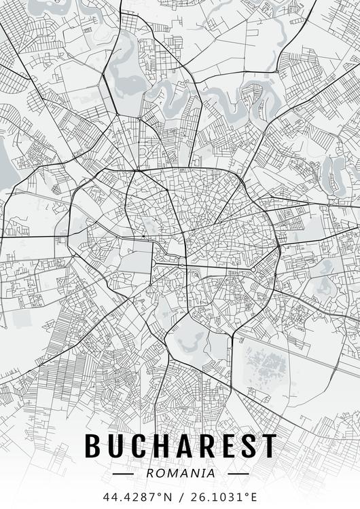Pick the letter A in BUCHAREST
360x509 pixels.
coord(183,446)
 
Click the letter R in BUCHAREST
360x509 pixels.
coord(205,446)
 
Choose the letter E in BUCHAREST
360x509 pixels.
coord(227,446)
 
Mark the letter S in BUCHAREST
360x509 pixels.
coord(247,446)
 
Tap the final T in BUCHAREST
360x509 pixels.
coord(269,446)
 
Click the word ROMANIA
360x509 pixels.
coord(180,473)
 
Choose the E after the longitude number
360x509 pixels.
coord(254,496)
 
